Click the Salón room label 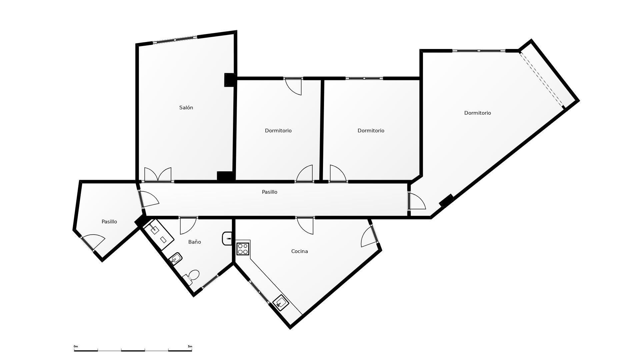coord(186,108)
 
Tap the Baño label coord(194,242)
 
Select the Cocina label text coord(299,251)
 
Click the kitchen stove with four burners coord(243,249)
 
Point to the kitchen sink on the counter coord(281,303)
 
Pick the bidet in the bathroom coord(176,258)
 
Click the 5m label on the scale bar coord(190,346)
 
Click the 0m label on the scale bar coord(76,346)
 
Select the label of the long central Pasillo coord(269,192)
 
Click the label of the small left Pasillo coord(109,222)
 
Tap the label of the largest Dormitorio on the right coord(477,113)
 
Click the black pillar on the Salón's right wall coord(229,80)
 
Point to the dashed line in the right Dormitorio coord(541,79)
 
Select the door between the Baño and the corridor coord(188,225)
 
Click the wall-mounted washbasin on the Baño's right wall coord(227,239)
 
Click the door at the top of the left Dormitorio coord(294,86)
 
